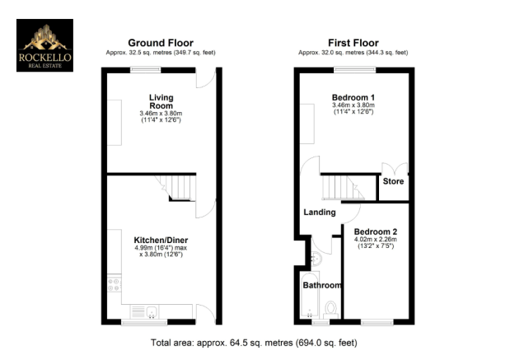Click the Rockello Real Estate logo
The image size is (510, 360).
pyautogui.click(x=44, y=45)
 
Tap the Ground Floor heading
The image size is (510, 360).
pyautogui.click(x=161, y=43)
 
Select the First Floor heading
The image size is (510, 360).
pyautogui.click(x=353, y=43)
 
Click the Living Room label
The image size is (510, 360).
pyautogui.click(x=161, y=101)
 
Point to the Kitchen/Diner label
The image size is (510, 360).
pyautogui.click(x=161, y=240)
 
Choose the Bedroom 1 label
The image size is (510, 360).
pyautogui.click(x=353, y=97)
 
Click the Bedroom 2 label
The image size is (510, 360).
pyautogui.click(x=376, y=231)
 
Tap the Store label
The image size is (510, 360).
pyautogui.click(x=393, y=181)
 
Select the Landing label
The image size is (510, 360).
pyautogui.click(x=320, y=213)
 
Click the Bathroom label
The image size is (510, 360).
pyautogui.click(x=322, y=285)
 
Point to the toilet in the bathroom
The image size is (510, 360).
pyautogui.click(x=330, y=310)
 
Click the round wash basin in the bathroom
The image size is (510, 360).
pyautogui.click(x=316, y=259)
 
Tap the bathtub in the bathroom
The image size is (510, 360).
pyautogui.click(x=310, y=295)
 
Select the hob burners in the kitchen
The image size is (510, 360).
pyautogui.click(x=115, y=284)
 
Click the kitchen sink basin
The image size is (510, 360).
pyautogui.click(x=152, y=311)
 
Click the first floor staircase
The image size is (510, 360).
pyautogui.click(x=343, y=188)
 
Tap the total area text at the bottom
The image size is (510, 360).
pyautogui.click(x=254, y=343)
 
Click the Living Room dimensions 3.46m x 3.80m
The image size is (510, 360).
pyautogui.click(x=161, y=114)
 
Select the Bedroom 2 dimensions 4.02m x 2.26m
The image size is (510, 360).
pyautogui.click(x=376, y=240)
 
